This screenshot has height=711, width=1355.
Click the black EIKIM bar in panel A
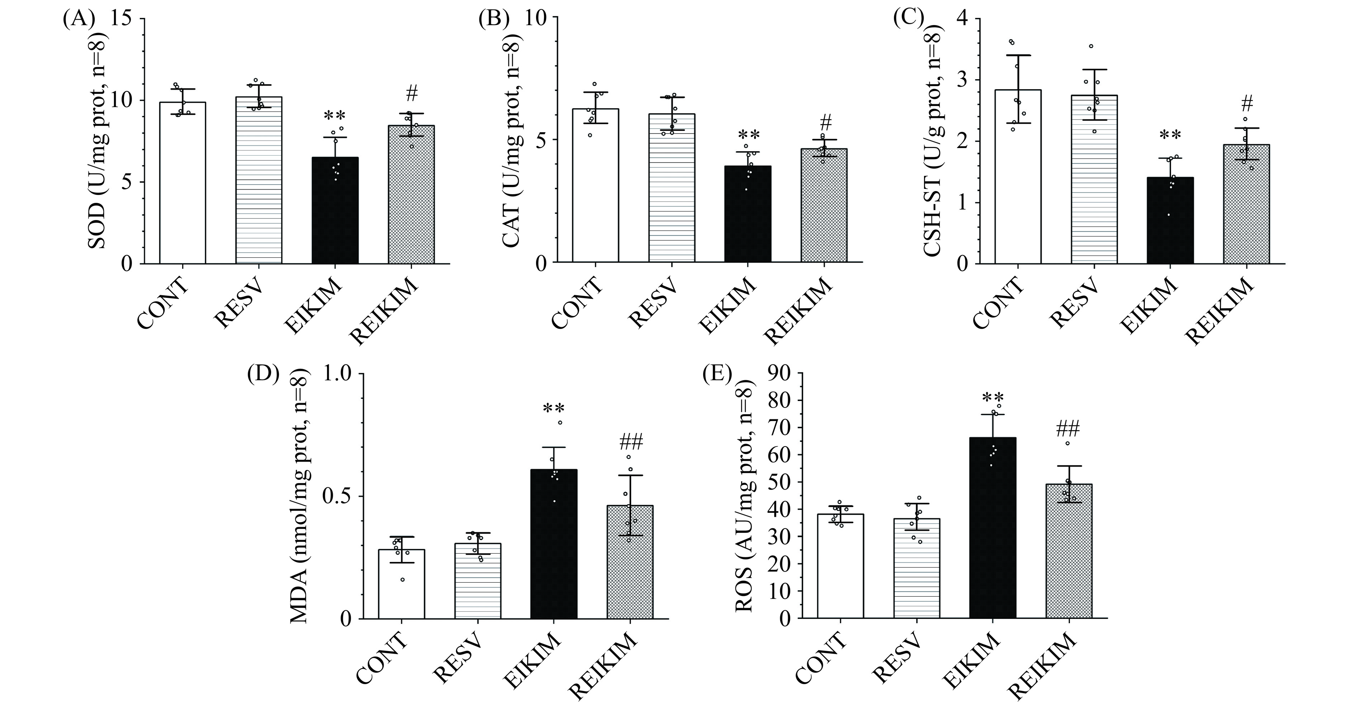point(335,210)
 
